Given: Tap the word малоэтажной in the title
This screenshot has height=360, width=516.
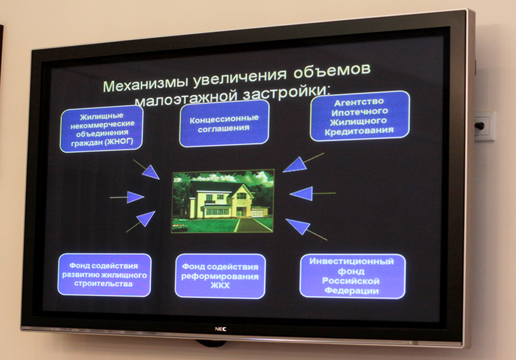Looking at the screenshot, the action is pos(186,98).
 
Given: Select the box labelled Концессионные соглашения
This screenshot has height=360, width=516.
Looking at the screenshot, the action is pos(224,124).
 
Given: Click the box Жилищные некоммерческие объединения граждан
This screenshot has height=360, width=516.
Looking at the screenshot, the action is pos(101,130).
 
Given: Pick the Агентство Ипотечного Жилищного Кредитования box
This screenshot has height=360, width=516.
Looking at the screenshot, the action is pos(359,116).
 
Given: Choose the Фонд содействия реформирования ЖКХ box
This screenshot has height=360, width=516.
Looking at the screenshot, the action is pos(220,276).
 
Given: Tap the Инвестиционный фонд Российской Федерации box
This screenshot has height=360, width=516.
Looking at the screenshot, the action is pos(352,276).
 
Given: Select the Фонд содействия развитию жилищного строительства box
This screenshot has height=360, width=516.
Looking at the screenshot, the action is pos(104,275).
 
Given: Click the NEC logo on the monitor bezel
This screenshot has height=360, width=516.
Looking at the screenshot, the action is pos(220,329).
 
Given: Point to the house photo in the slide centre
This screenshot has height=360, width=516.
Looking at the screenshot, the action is pos(223,201).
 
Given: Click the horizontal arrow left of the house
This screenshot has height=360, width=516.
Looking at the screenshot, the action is pos(127,197).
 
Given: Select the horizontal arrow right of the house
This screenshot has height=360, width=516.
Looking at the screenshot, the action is pos(313,193).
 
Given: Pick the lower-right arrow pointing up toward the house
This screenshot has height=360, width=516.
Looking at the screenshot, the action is pos(307,229).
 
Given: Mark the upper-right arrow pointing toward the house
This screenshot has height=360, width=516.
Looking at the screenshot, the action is pos(304,163).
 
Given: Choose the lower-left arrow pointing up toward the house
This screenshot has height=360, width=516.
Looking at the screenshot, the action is pos(140,222).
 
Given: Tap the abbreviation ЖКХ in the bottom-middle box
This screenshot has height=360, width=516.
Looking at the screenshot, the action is pos(220,286).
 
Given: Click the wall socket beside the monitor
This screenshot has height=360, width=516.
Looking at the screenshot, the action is pos(484,126).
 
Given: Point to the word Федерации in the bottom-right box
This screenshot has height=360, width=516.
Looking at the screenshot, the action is pos(352,291).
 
